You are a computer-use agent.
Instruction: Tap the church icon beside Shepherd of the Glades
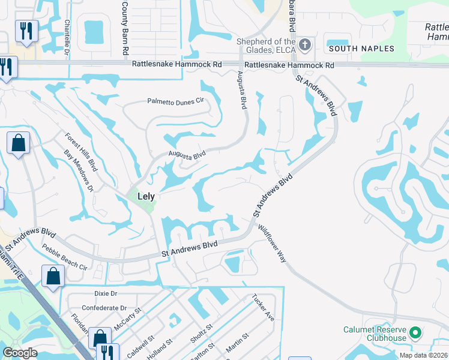[x=306, y=44]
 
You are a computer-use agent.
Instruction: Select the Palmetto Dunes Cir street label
[x=176, y=101]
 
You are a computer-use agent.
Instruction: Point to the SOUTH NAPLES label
[x=361, y=49]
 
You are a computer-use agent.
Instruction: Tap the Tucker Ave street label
[x=263, y=307]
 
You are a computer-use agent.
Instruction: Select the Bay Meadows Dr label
[x=79, y=171]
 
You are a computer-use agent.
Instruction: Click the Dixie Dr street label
[x=106, y=293]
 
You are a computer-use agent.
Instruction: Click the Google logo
[x=20, y=353]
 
